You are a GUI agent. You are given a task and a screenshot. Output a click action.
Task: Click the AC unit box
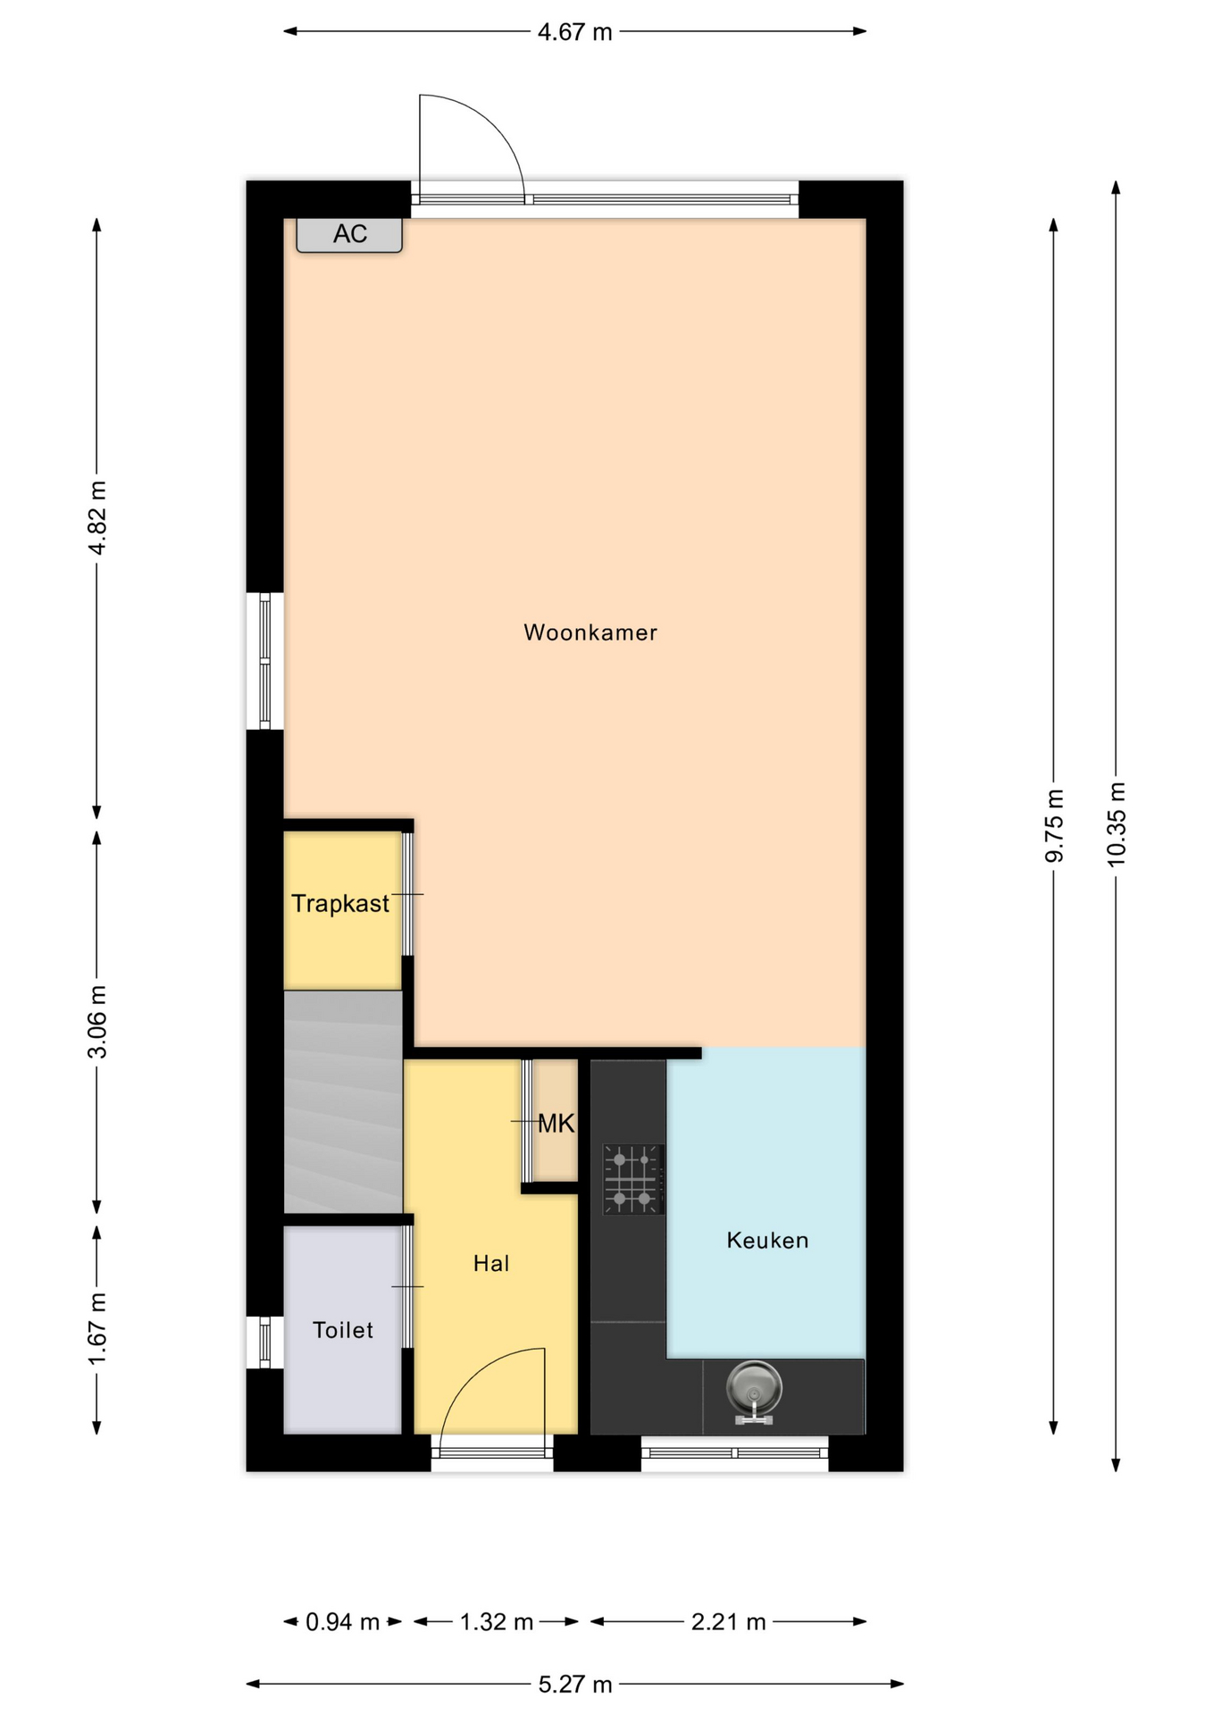(x=349, y=235)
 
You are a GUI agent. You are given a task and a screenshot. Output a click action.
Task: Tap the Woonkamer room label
(x=590, y=632)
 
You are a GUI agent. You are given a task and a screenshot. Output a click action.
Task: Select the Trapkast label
(x=340, y=904)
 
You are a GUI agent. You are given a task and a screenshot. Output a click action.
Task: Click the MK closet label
(x=556, y=1124)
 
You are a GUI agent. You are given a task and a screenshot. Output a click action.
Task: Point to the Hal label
(x=491, y=1263)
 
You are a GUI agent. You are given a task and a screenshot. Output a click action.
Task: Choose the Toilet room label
(x=343, y=1330)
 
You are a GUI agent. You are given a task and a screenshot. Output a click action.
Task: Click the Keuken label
(x=767, y=1240)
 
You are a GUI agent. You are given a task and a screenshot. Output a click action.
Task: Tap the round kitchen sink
(x=754, y=1391)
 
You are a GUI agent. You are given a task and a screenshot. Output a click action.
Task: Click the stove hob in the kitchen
(x=633, y=1179)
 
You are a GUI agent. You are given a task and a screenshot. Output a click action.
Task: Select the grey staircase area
(x=343, y=1101)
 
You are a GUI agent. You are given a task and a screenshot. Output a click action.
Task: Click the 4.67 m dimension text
(x=575, y=32)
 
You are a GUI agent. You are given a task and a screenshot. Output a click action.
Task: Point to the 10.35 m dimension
(x=1117, y=824)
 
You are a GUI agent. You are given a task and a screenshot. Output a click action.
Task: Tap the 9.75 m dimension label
(x=1054, y=826)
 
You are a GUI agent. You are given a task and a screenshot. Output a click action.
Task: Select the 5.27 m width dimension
(x=575, y=1685)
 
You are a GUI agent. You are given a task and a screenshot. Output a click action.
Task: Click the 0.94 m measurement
(x=343, y=1622)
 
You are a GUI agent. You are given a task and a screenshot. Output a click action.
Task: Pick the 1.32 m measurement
(x=497, y=1622)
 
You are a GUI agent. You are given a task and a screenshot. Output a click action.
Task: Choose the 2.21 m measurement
(x=729, y=1622)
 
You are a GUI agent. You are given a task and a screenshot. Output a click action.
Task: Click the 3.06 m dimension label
(x=97, y=1022)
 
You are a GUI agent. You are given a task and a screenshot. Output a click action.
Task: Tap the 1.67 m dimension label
(x=97, y=1328)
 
